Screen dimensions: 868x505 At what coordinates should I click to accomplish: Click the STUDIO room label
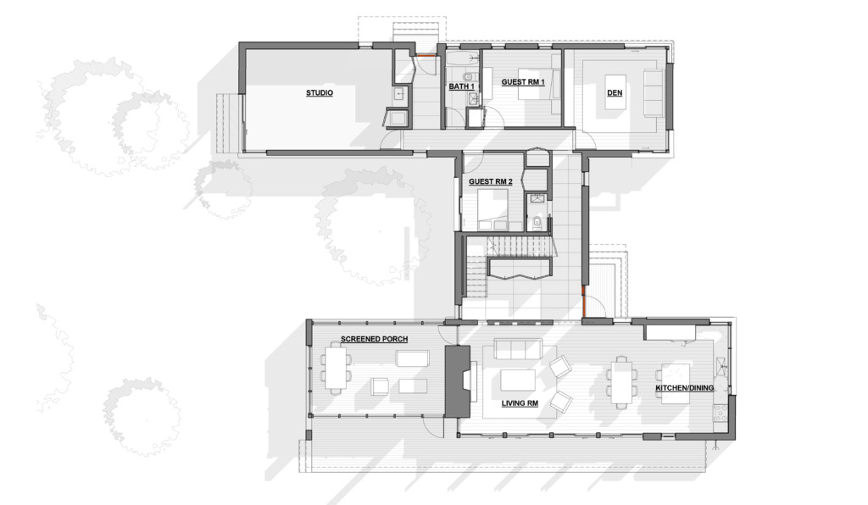click(320, 93)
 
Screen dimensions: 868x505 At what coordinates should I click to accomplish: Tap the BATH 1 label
click(461, 86)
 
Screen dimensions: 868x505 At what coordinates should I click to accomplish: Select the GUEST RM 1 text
click(523, 82)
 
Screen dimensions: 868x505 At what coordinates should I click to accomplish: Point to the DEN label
click(615, 93)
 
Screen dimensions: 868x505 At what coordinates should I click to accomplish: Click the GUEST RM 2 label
click(491, 181)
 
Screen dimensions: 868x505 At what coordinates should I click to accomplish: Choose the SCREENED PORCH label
click(374, 339)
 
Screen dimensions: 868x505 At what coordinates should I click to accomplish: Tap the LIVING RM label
click(520, 403)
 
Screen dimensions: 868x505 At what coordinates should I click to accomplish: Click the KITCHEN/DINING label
click(684, 388)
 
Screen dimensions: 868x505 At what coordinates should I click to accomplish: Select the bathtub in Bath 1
click(463, 58)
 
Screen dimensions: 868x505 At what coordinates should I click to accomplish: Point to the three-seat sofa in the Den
click(654, 93)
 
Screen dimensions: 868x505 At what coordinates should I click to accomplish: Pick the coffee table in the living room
click(518, 380)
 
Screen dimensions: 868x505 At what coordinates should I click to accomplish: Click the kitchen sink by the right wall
click(721, 366)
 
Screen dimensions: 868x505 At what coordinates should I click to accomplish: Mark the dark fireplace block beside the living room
click(458, 381)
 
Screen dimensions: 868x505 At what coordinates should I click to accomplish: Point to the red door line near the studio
click(426, 55)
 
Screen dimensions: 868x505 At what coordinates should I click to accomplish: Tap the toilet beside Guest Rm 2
click(537, 222)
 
